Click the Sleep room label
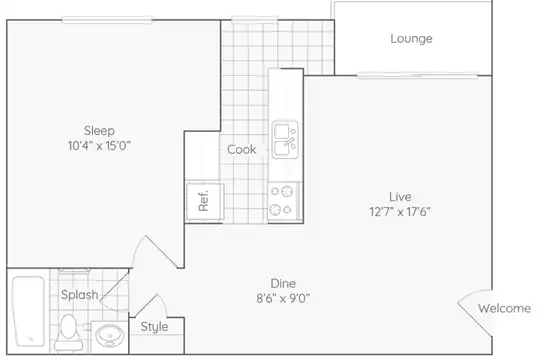point(99,131)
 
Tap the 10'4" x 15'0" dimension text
point(99,146)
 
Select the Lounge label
point(411,39)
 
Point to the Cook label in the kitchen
point(241,150)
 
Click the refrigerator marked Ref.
point(205,202)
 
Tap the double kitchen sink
point(285,140)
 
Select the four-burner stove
point(284,201)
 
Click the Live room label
point(400,197)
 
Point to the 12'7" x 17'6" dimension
point(400,212)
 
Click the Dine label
point(283,284)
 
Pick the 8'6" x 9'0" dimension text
point(283,298)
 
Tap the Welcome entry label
point(504,308)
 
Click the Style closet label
point(154,327)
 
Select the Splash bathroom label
point(80,295)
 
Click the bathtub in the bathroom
point(29,311)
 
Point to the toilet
point(69,332)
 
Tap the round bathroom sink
point(110,336)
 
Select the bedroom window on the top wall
point(107,20)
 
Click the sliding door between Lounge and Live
point(417,75)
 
